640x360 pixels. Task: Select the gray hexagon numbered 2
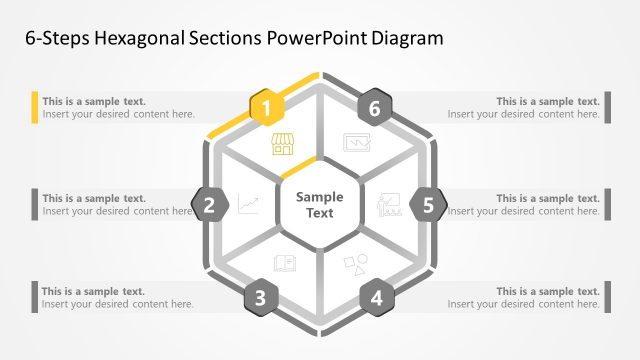point(209,206)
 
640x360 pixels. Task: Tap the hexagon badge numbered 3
point(260,297)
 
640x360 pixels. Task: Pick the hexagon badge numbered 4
point(376,297)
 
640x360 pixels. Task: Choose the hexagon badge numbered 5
point(428,206)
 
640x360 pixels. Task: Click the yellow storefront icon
point(283,144)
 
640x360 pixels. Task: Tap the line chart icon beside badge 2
point(248,206)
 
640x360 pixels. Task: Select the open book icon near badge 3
point(284,264)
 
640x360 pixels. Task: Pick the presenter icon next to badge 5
point(389,206)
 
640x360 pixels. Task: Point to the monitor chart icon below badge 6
point(356,143)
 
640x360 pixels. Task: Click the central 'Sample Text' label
point(319,205)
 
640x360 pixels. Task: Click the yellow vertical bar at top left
point(34,107)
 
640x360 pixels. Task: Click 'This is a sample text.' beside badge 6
point(548,101)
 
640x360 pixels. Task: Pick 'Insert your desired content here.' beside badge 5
point(524,211)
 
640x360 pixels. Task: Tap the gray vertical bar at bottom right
point(606,297)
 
